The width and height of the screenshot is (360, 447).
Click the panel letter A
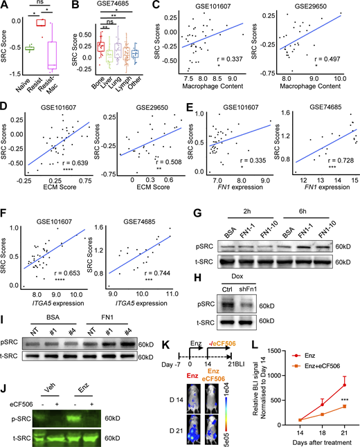(x=6, y=6)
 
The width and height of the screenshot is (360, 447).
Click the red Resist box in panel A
(x=39, y=23)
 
